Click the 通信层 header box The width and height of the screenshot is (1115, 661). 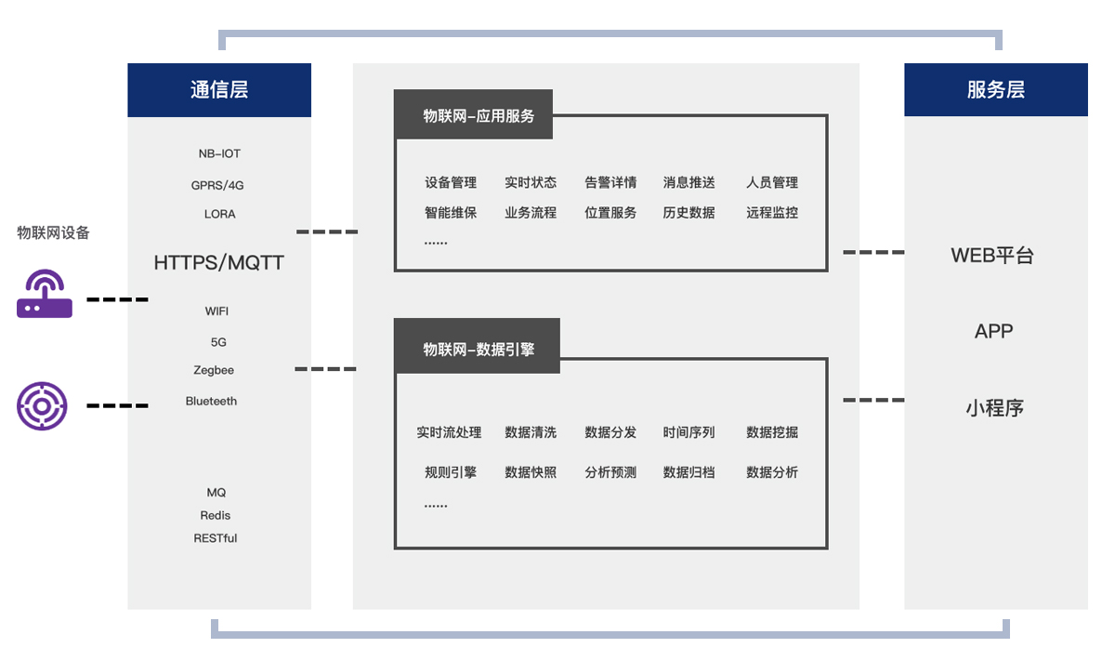click(x=219, y=90)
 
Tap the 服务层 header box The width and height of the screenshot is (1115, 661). click(x=995, y=89)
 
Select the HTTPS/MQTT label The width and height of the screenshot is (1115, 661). click(x=218, y=262)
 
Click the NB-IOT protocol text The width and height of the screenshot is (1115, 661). click(x=219, y=153)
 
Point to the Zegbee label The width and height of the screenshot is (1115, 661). click(x=214, y=370)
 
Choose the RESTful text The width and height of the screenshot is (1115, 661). click(x=215, y=538)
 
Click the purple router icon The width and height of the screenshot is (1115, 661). click(x=45, y=294)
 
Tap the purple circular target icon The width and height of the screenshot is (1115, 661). click(x=42, y=406)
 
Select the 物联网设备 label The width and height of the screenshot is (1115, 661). click(x=53, y=232)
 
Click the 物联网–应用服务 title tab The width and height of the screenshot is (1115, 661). click(x=473, y=114)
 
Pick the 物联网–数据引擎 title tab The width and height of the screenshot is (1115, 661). click(x=477, y=346)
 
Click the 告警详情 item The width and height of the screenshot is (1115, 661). click(x=610, y=182)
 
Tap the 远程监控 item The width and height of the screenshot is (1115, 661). click(x=772, y=213)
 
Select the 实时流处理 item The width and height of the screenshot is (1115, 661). click(x=449, y=432)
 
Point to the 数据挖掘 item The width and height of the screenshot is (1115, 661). click(x=772, y=432)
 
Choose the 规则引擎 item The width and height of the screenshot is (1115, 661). click(x=451, y=472)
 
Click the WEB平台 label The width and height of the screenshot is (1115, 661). click(x=992, y=256)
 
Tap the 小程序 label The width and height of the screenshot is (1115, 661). click(x=994, y=408)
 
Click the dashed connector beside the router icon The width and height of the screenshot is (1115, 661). click(x=117, y=299)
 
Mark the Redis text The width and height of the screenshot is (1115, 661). click(x=215, y=515)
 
